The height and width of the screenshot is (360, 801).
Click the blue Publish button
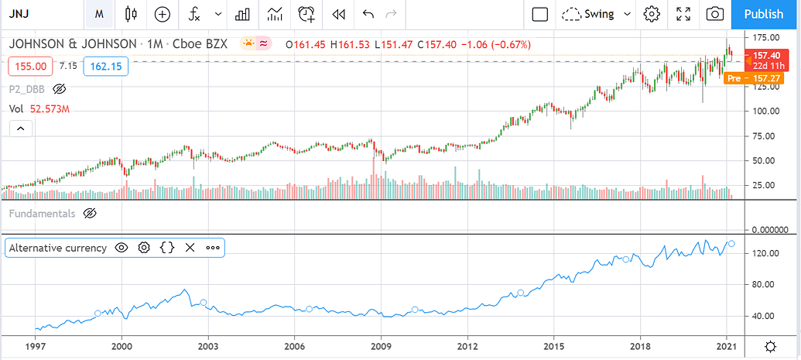(762, 14)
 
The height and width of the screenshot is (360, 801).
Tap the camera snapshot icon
(716, 14)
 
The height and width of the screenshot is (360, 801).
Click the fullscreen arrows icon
(683, 14)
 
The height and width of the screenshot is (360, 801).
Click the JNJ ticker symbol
(20, 14)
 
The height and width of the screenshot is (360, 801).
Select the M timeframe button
(99, 14)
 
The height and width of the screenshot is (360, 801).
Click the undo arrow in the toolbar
(368, 14)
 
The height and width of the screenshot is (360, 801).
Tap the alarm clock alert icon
(307, 14)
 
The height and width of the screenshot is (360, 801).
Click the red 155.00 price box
(29, 67)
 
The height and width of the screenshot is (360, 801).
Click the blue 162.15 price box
(106, 67)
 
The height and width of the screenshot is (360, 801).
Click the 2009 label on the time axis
(380, 346)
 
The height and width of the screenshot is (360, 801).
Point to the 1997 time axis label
(35, 346)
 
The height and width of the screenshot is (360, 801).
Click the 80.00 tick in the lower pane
(765, 284)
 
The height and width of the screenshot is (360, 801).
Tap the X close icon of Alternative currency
(190, 248)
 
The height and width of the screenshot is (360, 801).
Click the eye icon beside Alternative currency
(122, 248)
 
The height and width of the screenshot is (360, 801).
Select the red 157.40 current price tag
(765, 56)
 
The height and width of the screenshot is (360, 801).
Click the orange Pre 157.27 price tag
(744, 78)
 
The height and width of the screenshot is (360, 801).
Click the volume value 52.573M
(51, 109)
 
